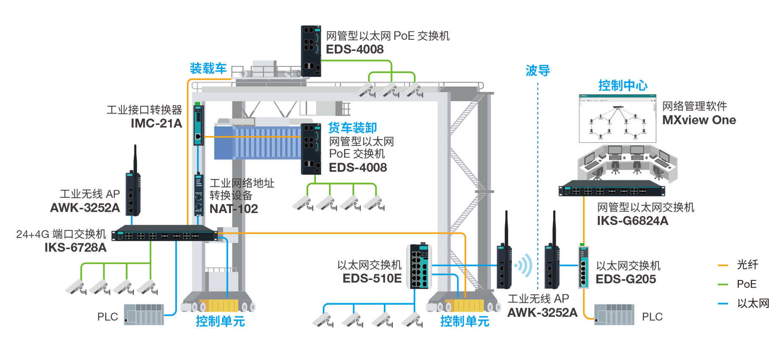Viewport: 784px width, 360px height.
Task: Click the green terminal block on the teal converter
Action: coord(197,103)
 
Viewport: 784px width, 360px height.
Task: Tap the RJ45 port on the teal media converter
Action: coord(198,136)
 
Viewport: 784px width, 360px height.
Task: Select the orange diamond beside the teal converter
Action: coord(209,137)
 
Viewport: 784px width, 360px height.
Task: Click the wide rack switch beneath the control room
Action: coord(612,192)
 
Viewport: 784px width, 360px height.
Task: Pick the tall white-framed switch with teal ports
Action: coord(420,267)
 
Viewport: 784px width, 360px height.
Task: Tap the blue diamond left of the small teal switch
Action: coord(569,266)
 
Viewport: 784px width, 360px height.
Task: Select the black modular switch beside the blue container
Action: coord(313,150)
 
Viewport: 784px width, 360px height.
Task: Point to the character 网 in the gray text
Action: coord(236,183)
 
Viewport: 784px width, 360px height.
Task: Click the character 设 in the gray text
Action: coord(236,195)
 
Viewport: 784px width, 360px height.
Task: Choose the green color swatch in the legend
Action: coord(709,284)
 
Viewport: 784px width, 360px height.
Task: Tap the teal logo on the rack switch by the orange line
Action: coord(120,233)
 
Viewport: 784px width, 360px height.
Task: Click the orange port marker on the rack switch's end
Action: coord(215,233)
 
